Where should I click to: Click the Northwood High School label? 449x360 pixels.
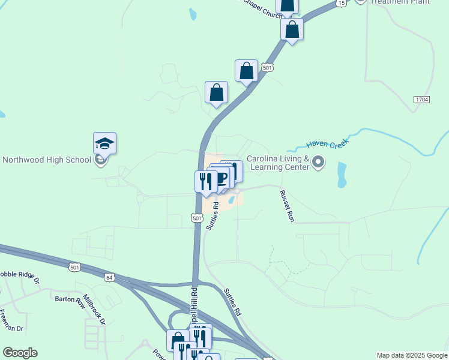click(x=47, y=160)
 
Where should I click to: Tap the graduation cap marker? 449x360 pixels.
click(x=104, y=144)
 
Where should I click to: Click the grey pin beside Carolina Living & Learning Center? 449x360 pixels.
click(x=319, y=161)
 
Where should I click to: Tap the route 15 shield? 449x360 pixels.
click(x=341, y=3)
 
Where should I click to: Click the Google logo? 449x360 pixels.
click(x=20, y=353)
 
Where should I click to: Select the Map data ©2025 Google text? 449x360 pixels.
click(x=412, y=355)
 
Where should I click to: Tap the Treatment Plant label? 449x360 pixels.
click(x=400, y=2)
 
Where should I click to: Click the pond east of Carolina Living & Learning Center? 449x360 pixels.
click(x=342, y=173)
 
